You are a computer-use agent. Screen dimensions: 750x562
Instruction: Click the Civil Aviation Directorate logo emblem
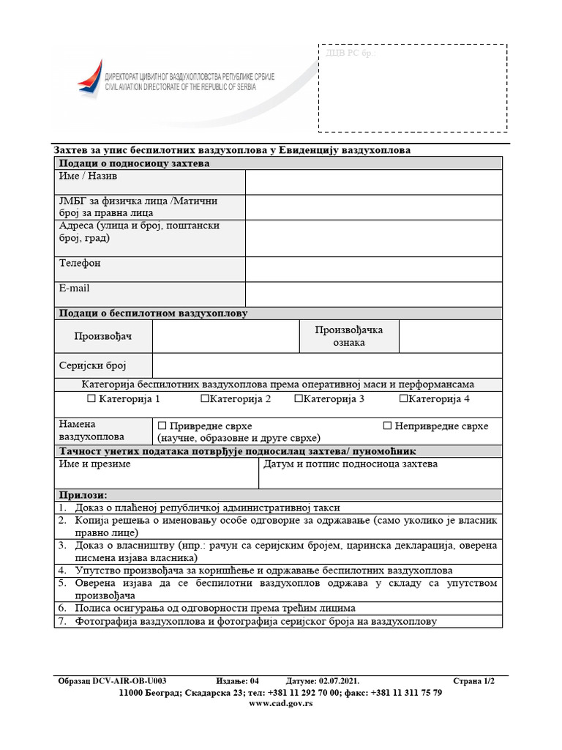tap(90, 77)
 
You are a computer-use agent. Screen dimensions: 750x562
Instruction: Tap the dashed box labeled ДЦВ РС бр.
tap(412, 88)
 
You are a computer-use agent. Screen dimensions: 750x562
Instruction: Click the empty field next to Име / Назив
tap(373, 182)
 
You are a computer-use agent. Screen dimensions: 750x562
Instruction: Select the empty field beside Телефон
tap(373, 270)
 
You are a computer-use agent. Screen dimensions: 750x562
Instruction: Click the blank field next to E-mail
tap(373, 294)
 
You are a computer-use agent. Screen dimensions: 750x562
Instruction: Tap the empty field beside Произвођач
tap(225, 336)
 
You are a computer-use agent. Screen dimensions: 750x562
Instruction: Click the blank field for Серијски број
tap(326, 365)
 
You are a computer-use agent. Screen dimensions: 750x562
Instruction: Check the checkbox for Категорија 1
tap(91, 399)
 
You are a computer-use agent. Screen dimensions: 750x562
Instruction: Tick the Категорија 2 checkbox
tap(204, 399)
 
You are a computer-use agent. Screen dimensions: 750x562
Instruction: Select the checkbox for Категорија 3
tap(298, 399)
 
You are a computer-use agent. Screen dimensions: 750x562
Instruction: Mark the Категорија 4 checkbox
tap(403, 399)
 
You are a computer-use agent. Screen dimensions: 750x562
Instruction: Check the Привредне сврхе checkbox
tap(162, 426)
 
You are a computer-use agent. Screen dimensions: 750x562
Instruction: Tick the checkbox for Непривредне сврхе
tap(388, 426)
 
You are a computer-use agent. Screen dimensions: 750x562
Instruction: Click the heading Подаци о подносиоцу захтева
tap(134, 163)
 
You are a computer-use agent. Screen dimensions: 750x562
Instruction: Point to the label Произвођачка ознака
tap(348, 336)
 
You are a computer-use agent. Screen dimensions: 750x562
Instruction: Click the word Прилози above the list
tap(83, 496)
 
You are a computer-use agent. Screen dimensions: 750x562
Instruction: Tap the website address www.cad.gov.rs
tap(281, 703)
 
